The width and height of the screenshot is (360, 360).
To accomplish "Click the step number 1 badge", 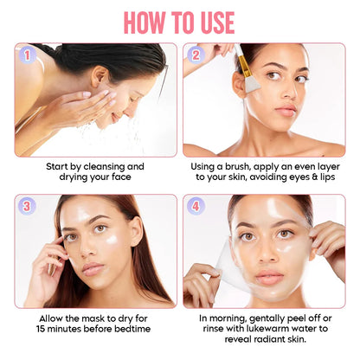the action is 27,55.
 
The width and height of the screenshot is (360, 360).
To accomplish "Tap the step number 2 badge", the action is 196,55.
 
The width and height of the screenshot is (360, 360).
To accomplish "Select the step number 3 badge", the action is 27,206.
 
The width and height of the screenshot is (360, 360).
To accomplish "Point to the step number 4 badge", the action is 196,206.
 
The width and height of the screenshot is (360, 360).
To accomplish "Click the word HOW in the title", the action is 145,23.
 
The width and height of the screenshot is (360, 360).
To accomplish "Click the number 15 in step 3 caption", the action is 41,329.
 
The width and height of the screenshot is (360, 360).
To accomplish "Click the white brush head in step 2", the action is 252,84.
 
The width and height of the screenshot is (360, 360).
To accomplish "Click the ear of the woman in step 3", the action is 137,231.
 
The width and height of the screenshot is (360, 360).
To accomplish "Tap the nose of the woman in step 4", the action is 266,254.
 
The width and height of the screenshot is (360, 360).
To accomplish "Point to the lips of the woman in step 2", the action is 286,111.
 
